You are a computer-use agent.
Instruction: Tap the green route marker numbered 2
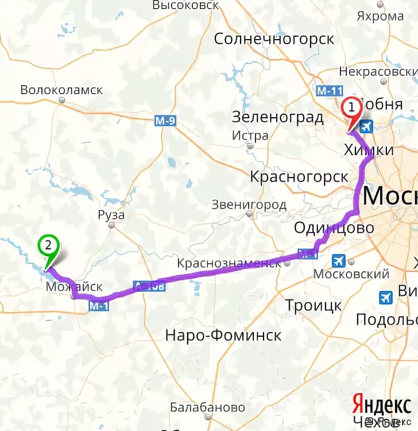tap(48, 246)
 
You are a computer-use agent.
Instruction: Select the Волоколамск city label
tap(61, 90)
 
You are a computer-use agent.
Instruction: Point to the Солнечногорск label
tap(274, 39)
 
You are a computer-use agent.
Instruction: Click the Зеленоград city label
tap(278, 117)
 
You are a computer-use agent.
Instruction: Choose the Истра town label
tap(250, 136)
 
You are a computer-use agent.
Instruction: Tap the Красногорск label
tap(299, 176)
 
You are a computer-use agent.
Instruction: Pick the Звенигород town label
tap(249, 205)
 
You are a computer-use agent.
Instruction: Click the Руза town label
tap(111, 215)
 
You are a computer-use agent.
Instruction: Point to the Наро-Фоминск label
tap(223, 335)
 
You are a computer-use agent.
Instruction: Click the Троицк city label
tap(313, 305)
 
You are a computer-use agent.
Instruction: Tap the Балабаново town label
tap(207, 407)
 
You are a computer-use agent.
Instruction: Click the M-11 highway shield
tap(329, 91)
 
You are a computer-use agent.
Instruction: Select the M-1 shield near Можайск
tap(99, 307)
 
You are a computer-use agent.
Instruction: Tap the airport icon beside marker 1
tap(366, 126)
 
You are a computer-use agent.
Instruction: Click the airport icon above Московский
tap(339, 261)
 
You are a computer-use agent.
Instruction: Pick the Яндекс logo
tap(382, 405)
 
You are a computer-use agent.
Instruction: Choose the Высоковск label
tap(186, 5)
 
